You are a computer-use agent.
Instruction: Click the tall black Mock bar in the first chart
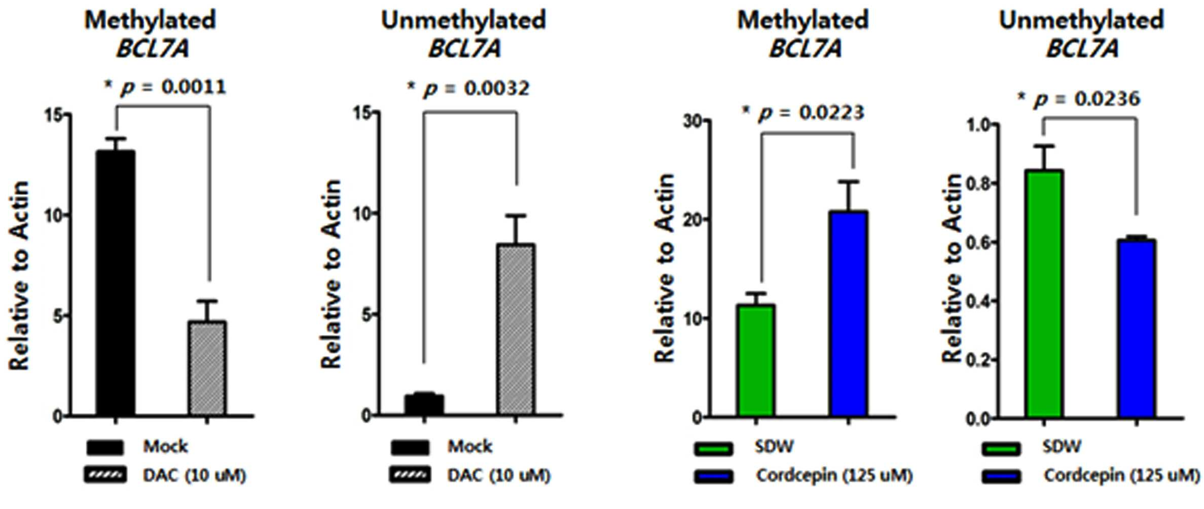pos(116,283)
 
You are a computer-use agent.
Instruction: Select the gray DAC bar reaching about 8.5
pos(516,330)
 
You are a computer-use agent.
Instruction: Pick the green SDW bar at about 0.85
pos(1044,294)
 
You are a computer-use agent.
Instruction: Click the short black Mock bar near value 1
pos(424,405)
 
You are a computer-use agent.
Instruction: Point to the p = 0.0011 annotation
pos(165,87)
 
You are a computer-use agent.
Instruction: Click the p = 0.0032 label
pos(468,89)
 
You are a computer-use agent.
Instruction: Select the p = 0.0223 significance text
pos(803,113)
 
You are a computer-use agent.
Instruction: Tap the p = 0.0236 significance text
pos(1079,98)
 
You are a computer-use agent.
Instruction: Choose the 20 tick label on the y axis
pos(693,220)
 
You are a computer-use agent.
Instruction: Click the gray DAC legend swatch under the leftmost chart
pos(105,476)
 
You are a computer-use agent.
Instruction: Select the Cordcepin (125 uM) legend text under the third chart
pos(834,476)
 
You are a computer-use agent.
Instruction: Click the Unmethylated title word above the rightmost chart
pos(1081,21)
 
